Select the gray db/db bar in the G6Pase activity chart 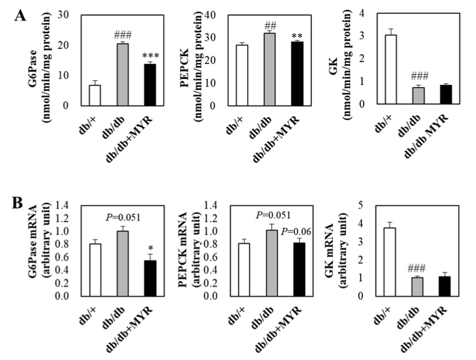click(x=123, y=74)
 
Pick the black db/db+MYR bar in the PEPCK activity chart click(x=298, y=73)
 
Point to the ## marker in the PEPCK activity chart click(x=270, y=26)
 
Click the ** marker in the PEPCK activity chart click(x=298, y=35)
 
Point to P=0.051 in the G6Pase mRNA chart click(x=123, y=218)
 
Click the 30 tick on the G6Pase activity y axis click(x=71, y=15)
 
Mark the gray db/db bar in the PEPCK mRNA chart click(x=270, y=263)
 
